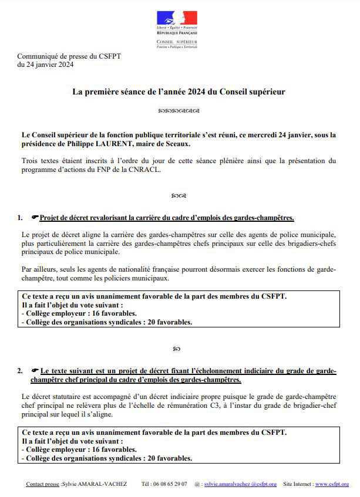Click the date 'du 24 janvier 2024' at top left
45,65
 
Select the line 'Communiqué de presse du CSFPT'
69,56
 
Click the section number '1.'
21,218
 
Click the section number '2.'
21,371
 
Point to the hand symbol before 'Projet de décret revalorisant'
35,218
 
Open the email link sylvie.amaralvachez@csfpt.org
240,484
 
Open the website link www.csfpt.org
332,484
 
